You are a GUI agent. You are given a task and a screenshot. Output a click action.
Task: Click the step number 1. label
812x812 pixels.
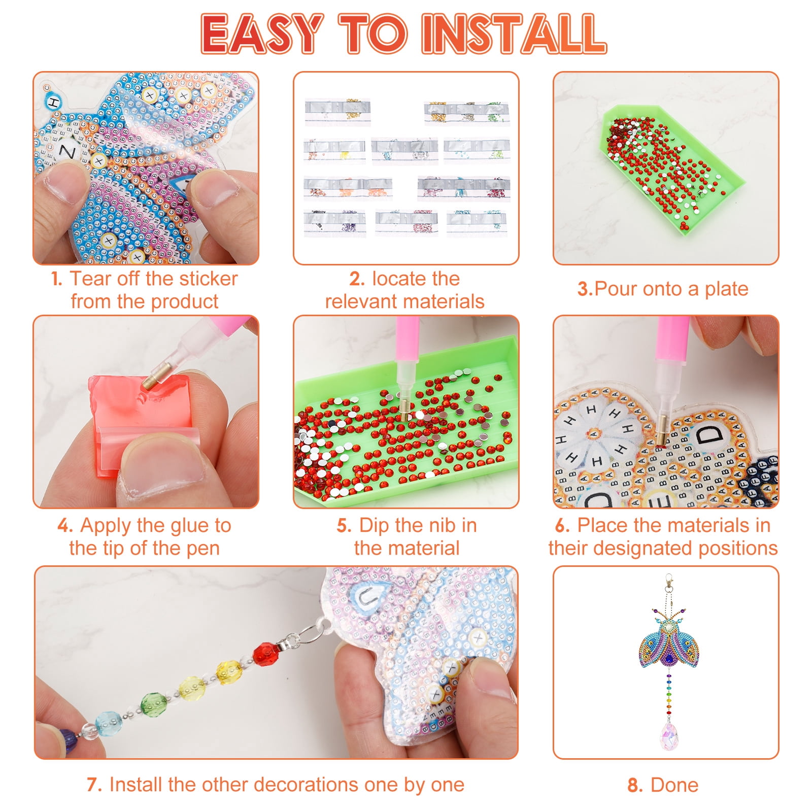(x=56, y=279)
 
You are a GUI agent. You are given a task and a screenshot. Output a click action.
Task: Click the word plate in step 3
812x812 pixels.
(x=726, y=289)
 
